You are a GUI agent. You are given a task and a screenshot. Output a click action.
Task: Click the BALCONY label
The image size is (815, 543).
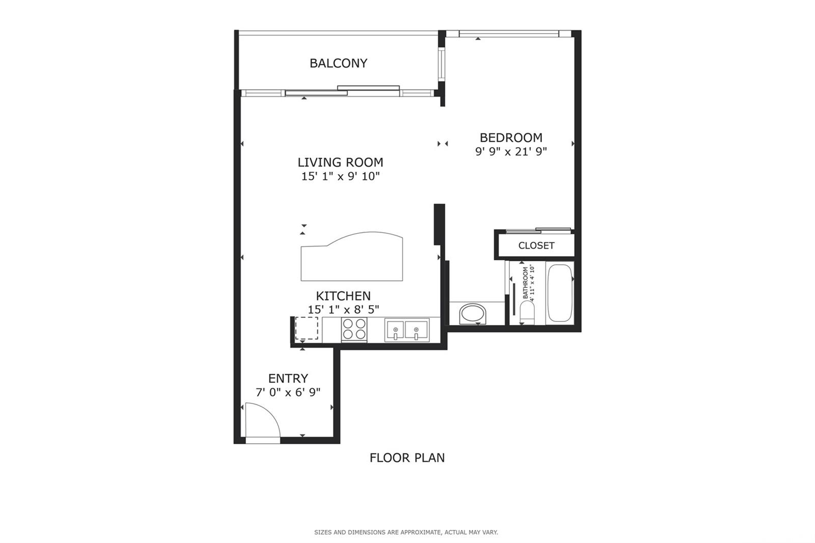point(338,63)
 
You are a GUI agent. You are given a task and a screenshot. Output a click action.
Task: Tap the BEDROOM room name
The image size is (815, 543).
point(511,138)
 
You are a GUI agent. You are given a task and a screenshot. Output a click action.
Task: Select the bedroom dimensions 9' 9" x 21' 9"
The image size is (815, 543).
point(511,151)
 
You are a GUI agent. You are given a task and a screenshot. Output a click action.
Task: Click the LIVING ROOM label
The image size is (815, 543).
point(341,162)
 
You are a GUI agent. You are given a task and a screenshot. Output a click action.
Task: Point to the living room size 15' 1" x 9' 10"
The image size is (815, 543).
point(341,177)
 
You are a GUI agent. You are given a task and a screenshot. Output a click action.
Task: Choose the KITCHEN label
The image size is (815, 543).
point(343,295)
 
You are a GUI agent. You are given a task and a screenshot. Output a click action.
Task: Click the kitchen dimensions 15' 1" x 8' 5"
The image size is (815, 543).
point(343,310)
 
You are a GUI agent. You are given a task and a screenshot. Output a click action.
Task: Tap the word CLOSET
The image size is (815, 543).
point(536,246)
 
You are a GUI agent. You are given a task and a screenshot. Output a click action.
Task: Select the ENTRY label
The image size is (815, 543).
point(288,378)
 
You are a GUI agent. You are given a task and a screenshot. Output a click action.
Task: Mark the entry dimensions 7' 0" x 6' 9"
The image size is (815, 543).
point(288,392)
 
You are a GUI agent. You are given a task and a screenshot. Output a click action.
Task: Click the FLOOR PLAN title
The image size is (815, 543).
point(407,458)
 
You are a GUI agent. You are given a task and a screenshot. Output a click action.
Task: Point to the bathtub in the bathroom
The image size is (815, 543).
point(560,293)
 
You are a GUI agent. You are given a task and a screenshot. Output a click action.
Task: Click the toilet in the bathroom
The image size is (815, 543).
point(527,313)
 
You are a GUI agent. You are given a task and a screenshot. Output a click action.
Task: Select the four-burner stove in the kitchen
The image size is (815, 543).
point(355,329)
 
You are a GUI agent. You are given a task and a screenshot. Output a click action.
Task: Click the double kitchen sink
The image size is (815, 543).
point(407,330)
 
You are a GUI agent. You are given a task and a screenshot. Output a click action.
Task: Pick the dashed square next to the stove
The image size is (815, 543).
point(306,328)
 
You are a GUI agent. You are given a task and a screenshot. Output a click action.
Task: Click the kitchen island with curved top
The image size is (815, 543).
point(352,257)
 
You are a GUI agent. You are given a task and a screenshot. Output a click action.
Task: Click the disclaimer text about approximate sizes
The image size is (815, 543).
point(406,532)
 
